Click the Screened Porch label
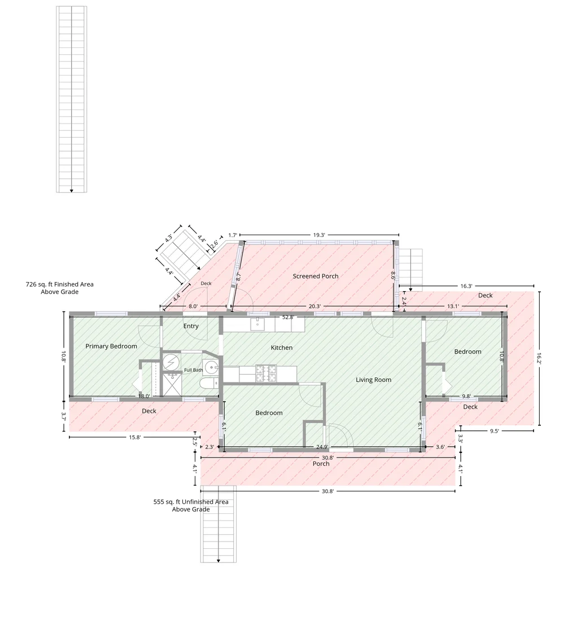coord(315,276)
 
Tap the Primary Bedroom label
coord(111,346)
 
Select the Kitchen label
coord(282,347)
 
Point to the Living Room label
coord(374,380)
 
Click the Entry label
coord(191,326)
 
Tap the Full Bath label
coord(194,370)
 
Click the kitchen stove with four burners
coord(266,373)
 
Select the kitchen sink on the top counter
coord(257,324)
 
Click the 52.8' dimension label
coord(288,317)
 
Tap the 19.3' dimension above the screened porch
coord(319,235)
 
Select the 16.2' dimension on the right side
coord(539,358)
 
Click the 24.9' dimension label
coord(322,447)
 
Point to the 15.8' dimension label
coord(135,437)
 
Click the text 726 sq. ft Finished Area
coord(59,284)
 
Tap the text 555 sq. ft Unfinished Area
coord(191,502)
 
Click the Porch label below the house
coord(321,464)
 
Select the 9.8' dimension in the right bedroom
coord(466,396)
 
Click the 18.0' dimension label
coord(144,396)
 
